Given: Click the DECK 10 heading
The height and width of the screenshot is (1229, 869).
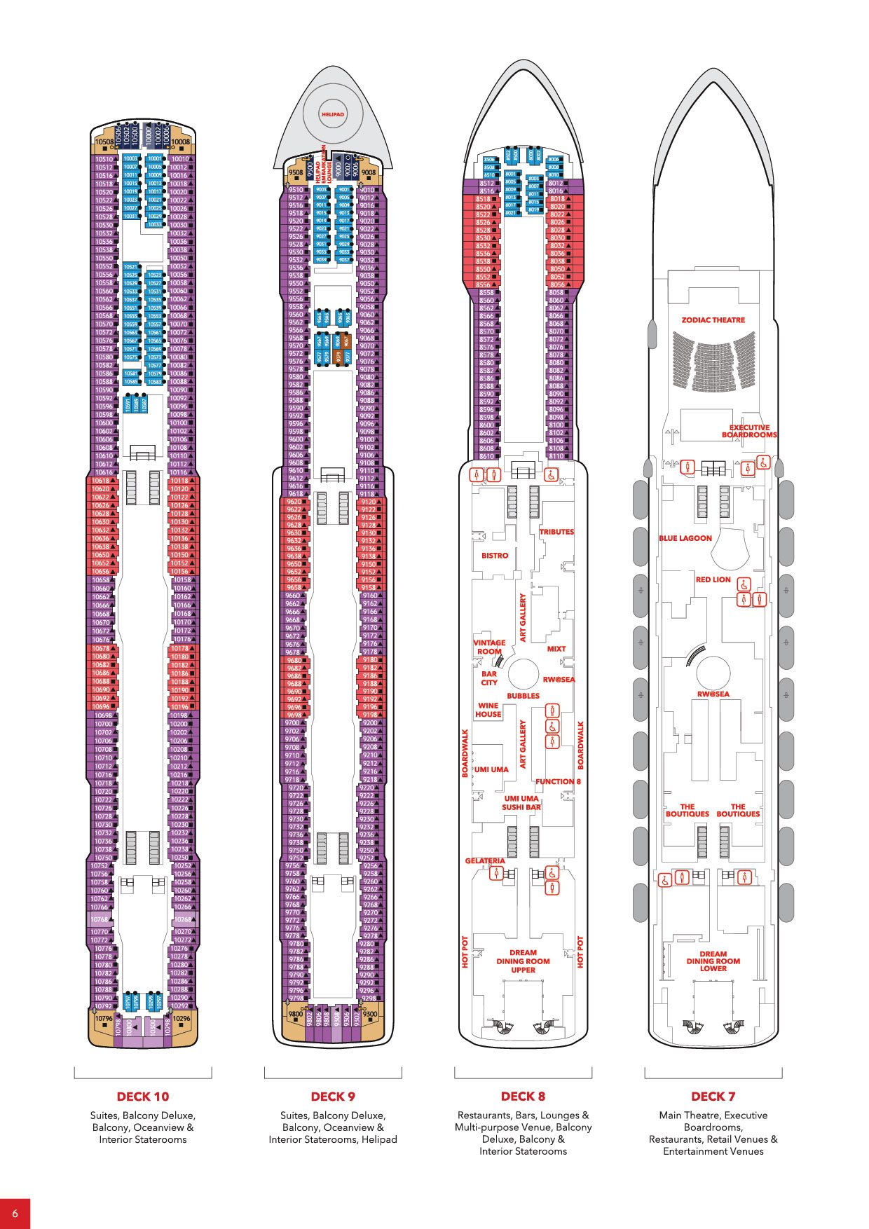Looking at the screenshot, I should [143, 1097].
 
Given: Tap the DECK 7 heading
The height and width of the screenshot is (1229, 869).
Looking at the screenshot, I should [713, 1097].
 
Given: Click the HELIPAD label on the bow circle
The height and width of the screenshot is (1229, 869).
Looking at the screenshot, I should [333, 114].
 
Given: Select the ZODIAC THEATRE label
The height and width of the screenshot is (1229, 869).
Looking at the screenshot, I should [713, 320].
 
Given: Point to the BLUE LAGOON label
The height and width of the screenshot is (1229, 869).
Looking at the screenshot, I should [685, 538].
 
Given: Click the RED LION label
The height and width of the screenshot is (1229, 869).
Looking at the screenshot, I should [713, 579].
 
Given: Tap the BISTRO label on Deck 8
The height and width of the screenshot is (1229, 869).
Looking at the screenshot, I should [495, 556].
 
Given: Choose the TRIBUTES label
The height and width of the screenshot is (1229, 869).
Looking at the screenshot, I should [556, 532].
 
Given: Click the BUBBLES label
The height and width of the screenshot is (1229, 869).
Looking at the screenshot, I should [523, 696].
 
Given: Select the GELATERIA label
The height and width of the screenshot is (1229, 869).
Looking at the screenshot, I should [485, 860].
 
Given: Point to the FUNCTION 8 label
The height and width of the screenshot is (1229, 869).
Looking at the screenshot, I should [558, 781].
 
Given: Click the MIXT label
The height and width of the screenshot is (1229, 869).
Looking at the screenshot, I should [556, 649].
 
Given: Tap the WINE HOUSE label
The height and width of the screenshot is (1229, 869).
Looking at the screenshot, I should [488, 710].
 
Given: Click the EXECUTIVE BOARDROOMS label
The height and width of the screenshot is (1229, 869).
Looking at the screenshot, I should [749, 431].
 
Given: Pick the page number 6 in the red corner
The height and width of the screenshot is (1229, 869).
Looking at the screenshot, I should [15, 1213].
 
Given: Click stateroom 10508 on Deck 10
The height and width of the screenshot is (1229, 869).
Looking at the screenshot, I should [104, 142].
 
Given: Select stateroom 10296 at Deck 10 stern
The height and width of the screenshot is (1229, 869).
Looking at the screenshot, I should [181, 1018].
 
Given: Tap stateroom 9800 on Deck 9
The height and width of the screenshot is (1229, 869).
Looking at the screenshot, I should [295, 1014].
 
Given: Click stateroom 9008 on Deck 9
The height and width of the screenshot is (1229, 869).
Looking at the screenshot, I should [368, 172].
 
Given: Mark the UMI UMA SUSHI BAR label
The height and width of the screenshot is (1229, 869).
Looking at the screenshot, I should [521, 803].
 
